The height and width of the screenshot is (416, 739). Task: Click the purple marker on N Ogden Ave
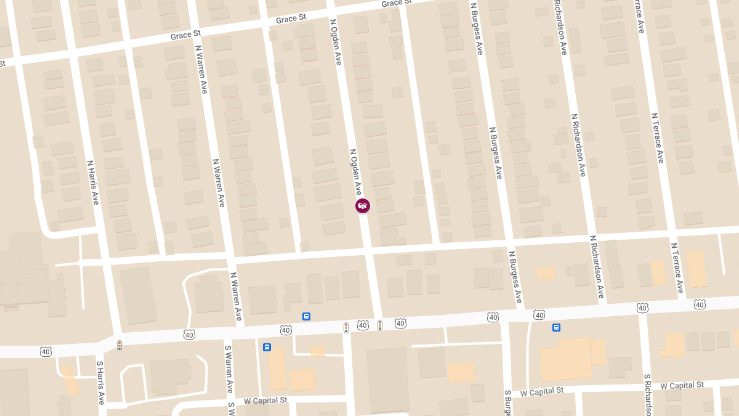363,206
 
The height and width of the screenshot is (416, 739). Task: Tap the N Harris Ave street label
93,182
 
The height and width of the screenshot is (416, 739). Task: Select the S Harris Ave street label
100,383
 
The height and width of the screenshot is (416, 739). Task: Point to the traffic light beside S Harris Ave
119,346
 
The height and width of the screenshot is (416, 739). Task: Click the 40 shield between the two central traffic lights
363,325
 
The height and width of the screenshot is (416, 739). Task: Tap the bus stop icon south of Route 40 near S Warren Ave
267,347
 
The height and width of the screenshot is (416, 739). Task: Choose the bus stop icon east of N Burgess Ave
556,327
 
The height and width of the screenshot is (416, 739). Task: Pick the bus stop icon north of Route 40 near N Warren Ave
306,316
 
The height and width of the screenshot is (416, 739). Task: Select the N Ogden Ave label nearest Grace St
336,41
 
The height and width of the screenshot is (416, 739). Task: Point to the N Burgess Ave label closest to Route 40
514,277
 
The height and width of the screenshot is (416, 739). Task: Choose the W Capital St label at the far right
682,385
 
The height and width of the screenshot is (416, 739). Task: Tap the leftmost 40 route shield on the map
46,351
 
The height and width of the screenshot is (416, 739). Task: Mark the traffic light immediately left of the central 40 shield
346,327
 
